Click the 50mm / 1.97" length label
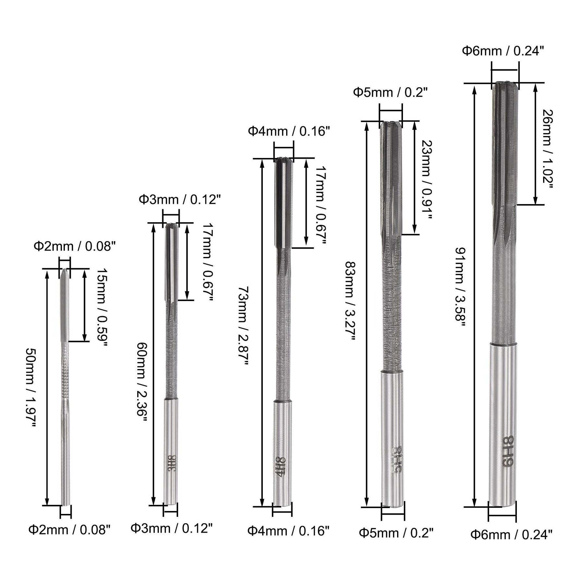[x=31, y=388]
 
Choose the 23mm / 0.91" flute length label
[x=427, y=179]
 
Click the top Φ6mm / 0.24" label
[x=503, y=51]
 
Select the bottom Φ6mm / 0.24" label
[x=511, y=534]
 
